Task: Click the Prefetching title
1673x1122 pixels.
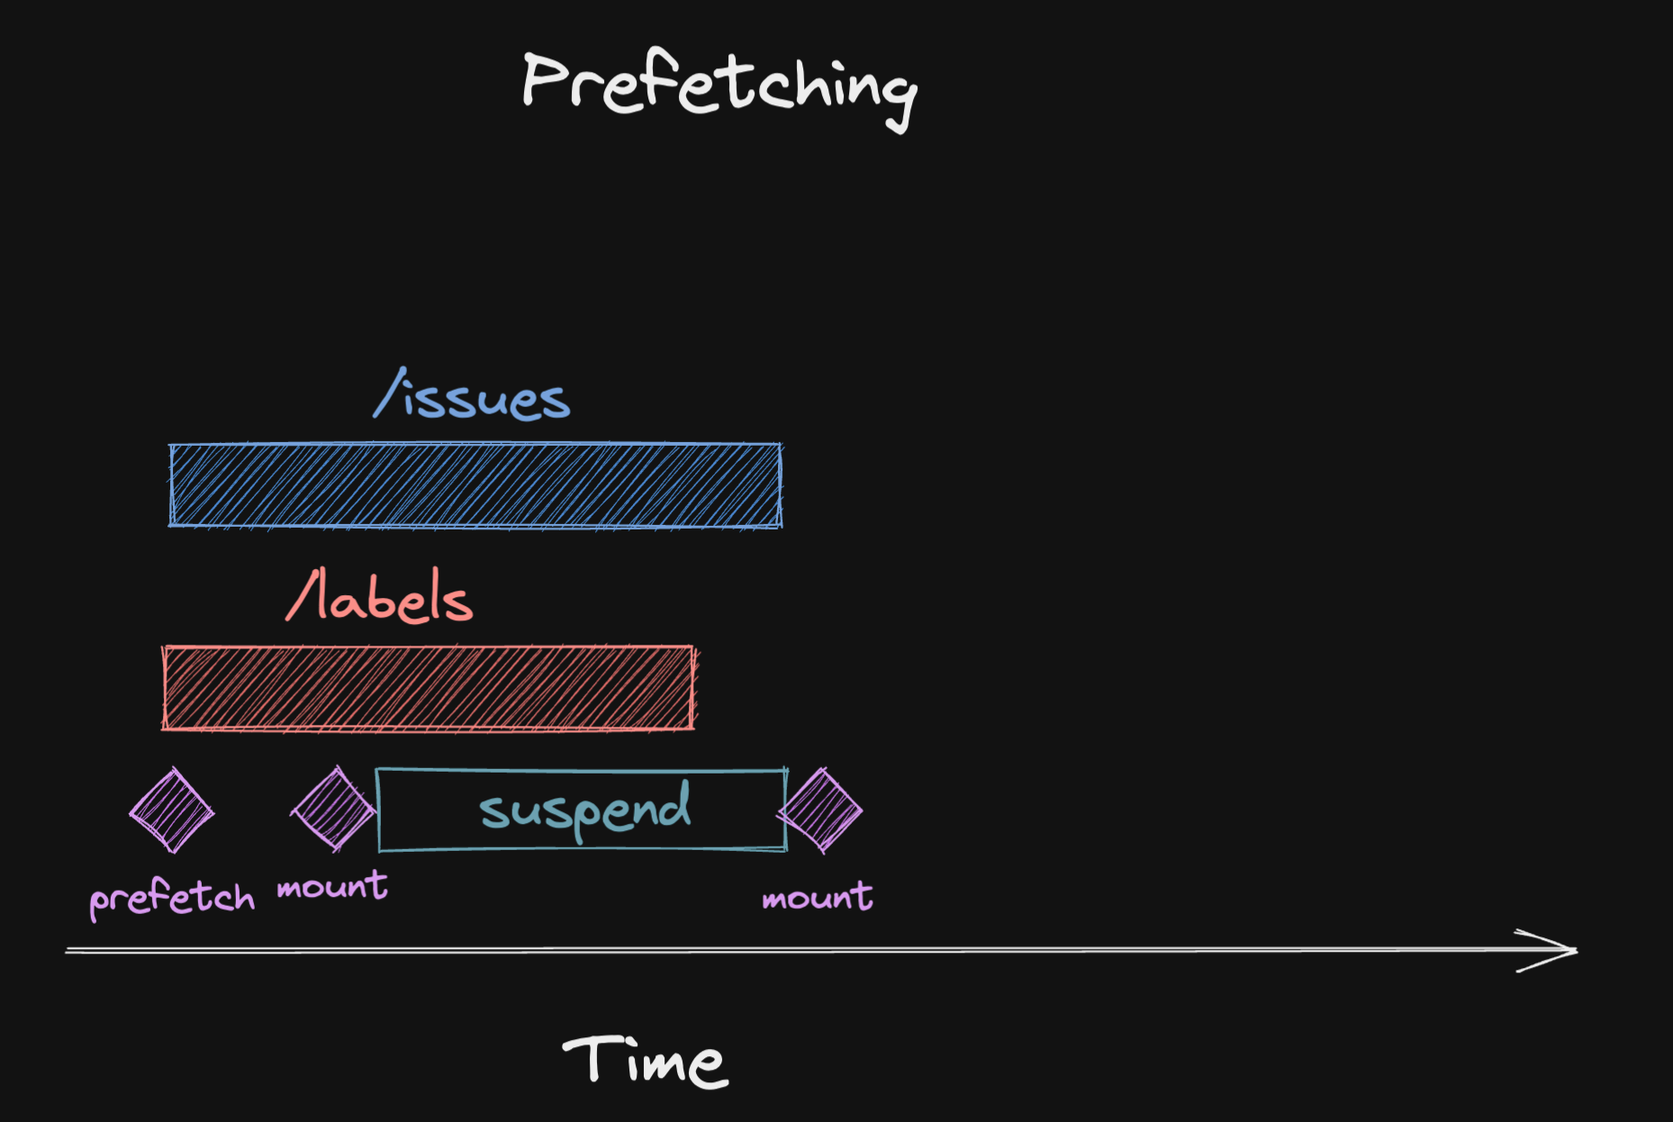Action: pyautogui.click(x=719, y=86)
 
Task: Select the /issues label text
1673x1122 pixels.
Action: pyautogui.click(x=472, y=396)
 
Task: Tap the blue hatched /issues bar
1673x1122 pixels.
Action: pyautogui.click(x=475, y=485)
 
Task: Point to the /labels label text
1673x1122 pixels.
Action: pyautogui.click(x=379, y=597)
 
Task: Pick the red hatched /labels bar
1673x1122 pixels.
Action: pyautogui.click(x=429, y=688)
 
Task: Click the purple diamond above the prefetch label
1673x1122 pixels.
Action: pyautogui.click(x=171, y=810)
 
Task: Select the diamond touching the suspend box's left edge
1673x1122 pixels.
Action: pyautogui.click(x=333, y=810)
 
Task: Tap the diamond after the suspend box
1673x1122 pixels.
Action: pyautogui.click(x=820, y=810)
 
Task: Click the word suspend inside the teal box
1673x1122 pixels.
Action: pyautogui.click(x=584, y=810)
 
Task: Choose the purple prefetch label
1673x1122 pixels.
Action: pyautogui.click(x=171, y=898)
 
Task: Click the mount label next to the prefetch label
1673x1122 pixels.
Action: pyautogui.click(x=332, y=887)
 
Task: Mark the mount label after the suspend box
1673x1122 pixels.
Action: pyautogui.click(x=817, y=897)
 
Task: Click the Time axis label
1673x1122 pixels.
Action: pyautogui.click(x=645, y=1061)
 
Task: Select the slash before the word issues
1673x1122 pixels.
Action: pyautogui.click(x=389, y=394)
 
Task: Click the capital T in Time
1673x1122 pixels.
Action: pyautogui.click(x=589, y=1057)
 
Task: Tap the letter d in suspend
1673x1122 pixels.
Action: pyautogui.click(x=675, y=804)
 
